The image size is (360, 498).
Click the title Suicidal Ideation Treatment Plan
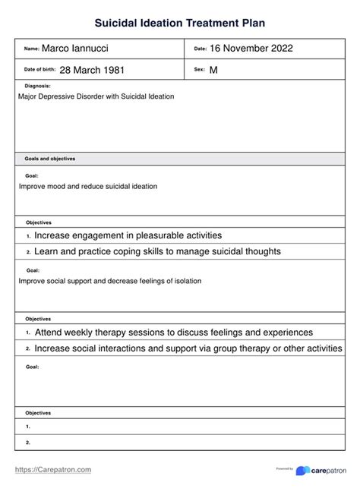(180, 24)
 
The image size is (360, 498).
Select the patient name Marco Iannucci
(75, 49)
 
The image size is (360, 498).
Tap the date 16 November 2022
(250, 49)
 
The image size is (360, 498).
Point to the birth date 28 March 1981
(92, 70)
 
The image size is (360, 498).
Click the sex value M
(213, 70)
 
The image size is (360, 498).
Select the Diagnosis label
(38, 87)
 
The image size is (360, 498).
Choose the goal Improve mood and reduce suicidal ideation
(88, 186)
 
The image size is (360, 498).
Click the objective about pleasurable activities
(128, 236)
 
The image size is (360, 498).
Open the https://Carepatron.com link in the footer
(53, 470)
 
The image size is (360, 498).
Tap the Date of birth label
(39, 70)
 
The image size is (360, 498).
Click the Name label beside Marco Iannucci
(31, 49)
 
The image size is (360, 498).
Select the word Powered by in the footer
(285, 468)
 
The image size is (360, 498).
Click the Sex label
(201, 70)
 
